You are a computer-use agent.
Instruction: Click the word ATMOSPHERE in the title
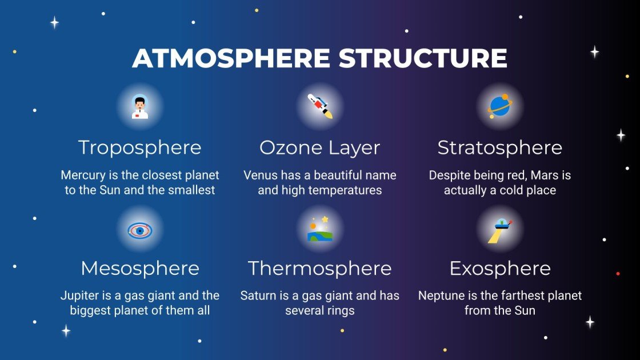pos(231,58)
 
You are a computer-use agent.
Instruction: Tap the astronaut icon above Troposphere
pos(140,107)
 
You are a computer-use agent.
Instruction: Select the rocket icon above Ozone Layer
pos(320,107)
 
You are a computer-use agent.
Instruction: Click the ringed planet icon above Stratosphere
pos(500,107)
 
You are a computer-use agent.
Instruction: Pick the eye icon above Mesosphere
pos(140,230)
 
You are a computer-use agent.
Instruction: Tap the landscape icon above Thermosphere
pos(320,230)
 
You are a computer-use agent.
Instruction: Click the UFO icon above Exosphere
pos(500,230)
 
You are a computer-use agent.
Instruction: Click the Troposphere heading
pos(140,147)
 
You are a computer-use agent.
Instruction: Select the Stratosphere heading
pos(500,147)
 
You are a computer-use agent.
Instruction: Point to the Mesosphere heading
pos(140,268)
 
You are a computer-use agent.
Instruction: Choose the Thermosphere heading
pos(320,268)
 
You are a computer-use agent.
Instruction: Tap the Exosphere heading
pos(500,268)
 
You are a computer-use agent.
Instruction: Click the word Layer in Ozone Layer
pos(354,147)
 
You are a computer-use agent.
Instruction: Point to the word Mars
pos(527,175)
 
